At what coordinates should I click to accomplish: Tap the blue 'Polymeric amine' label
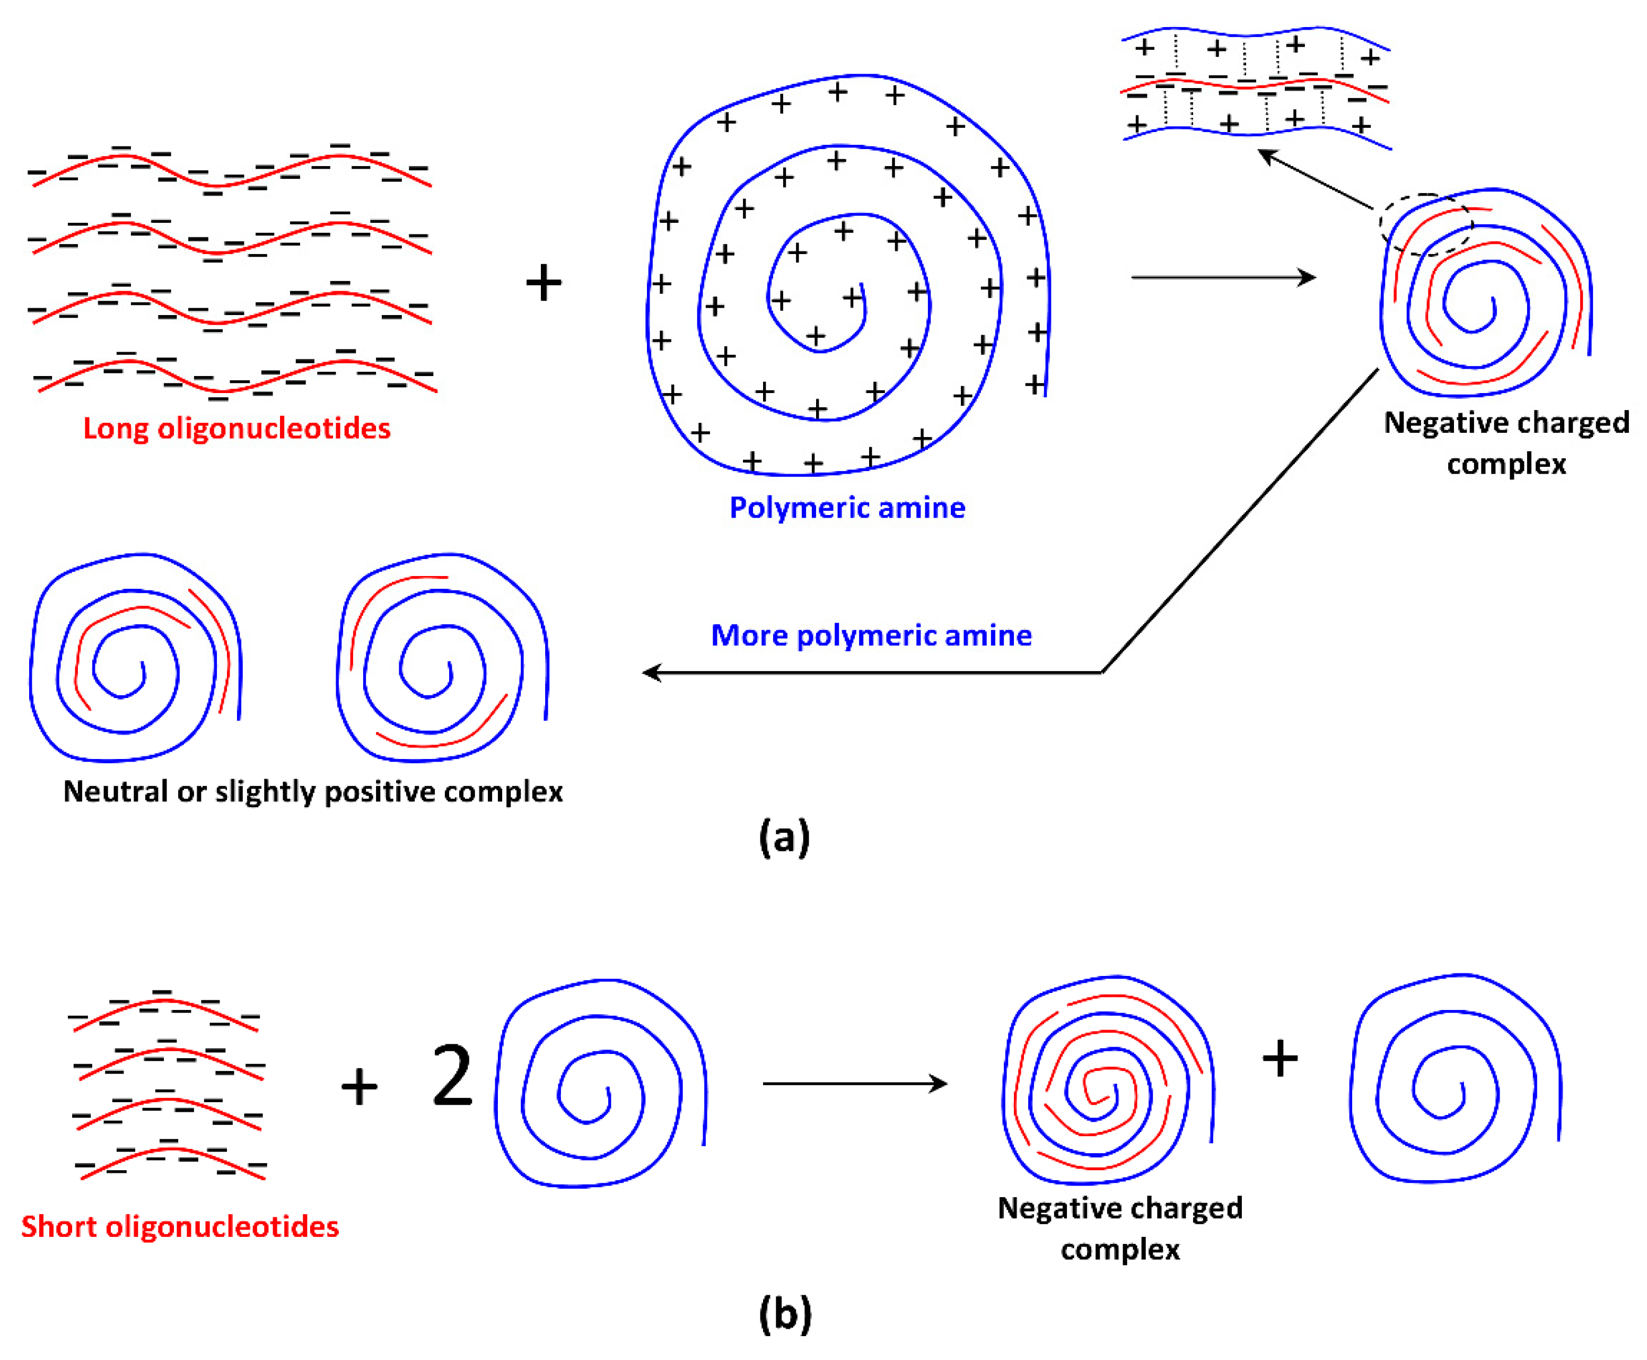(x=847, y=508)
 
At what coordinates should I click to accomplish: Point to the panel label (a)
(x=784, y=838)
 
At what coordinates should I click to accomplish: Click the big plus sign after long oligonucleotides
(x=544, y=283)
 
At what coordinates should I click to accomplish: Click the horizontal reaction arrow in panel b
(x=854, y=1084)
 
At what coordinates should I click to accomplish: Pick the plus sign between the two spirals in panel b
(x=1280, y=1058)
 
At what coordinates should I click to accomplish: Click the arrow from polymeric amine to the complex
(x=1222, y=277)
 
